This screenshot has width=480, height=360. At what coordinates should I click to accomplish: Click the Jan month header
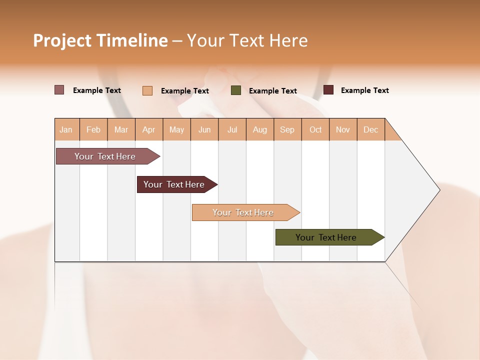pyautogui.click(x=66, y=129)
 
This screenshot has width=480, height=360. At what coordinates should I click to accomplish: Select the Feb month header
pyautogui.click(x=93, y=129)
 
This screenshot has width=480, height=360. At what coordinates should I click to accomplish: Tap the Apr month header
pyautogui.click(x=149, y=129)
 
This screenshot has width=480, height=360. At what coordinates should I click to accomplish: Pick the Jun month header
pyautogui.click(x=204, y=129)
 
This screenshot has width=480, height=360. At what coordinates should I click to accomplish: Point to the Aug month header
pyautogui.click(x=260, y=129)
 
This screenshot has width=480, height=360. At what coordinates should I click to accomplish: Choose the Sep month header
pyautogui.click(x=287, y=129)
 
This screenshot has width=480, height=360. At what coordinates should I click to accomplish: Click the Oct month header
pyautogui.click(x=315, y=129)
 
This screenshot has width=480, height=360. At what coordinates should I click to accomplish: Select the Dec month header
pyautogui.click(x=371, y=129)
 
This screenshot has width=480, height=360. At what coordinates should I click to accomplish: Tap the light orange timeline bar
pyautogui.click(x=243, y=212)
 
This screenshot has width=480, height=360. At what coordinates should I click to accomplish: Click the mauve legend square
pyautogui.click(x=59, y=90)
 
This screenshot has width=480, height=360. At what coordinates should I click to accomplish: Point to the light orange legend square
pyautogui.click(x=147, y=90)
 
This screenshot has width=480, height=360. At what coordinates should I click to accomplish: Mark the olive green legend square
pyautogui.click(x=236, y=90)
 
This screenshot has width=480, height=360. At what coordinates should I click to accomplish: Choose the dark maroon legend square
pyautogui.click(x=328, y=90)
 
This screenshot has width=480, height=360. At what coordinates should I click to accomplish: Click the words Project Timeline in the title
pyautogui.click(x=100, y=40)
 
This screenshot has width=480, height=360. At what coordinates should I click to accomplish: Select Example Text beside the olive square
pyautogui.click(x=273, y=91)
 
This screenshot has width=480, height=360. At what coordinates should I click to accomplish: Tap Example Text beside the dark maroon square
pyautogui.click(x=365, y=90)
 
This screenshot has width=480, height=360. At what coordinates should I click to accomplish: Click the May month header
pyautogui.click(x=176, y=129)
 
